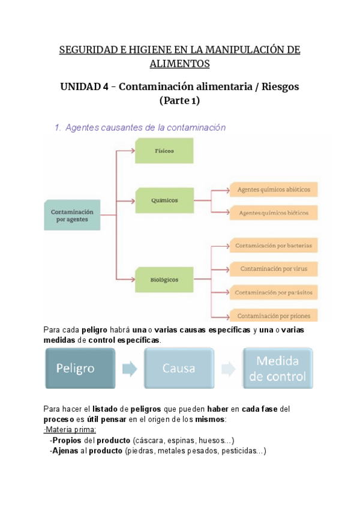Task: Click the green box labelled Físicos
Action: click(x=164, y=151)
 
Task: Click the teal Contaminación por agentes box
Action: click(x=72, y=215)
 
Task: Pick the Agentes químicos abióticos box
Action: click(x=274, y=190)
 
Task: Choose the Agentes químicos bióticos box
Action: click(x=274, y=213)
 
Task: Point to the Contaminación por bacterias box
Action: click(x=274, y=245)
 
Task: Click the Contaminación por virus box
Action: click(x=274, y=268)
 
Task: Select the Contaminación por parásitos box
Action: click(x=274, y=292)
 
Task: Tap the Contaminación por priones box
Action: click(x=274, y=315)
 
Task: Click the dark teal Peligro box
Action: click(x=80, y=368)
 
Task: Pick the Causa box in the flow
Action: click(x=178, y=368)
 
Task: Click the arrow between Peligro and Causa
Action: click(x=129, y=368)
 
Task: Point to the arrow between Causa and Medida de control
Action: click(x=228, y=368)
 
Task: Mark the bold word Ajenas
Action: click(x=66, y=451)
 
